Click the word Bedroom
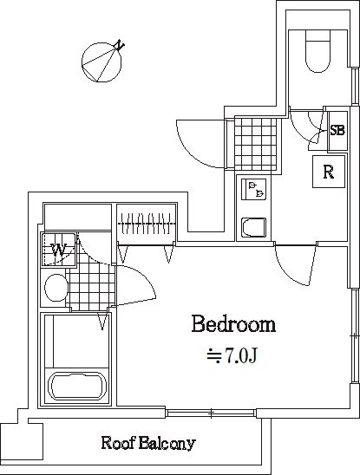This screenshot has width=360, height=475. point(234,324)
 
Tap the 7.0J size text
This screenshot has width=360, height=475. point(232,355)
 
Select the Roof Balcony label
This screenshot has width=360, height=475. point(148,444)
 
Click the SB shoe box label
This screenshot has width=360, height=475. point(337,131)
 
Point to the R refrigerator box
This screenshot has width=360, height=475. point(329,172)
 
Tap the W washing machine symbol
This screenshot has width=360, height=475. point(59,251)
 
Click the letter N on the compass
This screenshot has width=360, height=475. point(121,45)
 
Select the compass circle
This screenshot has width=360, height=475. point(101,62)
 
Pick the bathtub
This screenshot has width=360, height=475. point(78,386)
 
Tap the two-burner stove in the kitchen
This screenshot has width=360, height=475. point(254,189)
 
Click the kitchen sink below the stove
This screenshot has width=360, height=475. point(254,228)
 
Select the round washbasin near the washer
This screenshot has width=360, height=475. point(56,288)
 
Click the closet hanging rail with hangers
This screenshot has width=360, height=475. point(147,224)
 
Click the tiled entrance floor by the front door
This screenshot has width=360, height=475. point(256,144)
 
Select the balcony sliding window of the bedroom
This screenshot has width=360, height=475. point(211,413)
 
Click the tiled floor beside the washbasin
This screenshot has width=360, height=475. point(91,289)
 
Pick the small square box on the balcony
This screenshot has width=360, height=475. point(21,441)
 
